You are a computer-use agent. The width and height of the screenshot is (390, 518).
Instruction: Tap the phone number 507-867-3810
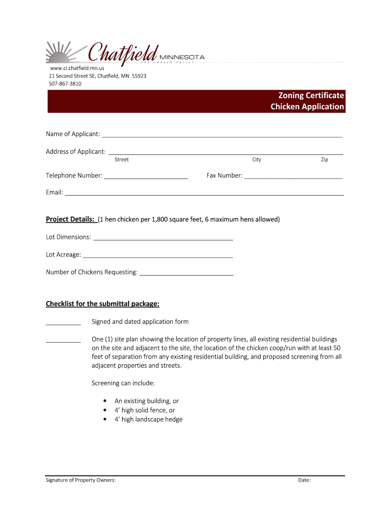click(x=65, y=83)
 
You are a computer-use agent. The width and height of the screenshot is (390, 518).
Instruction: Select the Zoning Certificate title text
click(x=311, y=95)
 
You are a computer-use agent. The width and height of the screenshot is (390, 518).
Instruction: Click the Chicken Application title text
click(x=307, y=107)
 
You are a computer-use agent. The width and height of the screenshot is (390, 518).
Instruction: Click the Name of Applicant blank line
click(x=222, y=137)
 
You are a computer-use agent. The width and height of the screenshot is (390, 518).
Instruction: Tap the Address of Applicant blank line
click(x=226, y=154)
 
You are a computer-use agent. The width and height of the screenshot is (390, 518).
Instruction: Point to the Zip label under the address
click(x=324, y=160)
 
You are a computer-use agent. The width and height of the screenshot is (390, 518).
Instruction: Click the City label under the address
click(x=257, y=160)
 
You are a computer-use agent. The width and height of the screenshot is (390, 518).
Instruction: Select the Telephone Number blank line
click(x=146, y=178)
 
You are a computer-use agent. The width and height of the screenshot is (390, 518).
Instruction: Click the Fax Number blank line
click(x=293, y=178)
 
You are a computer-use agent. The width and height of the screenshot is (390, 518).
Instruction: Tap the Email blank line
click(x=204, y=195)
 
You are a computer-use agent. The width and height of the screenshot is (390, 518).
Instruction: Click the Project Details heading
click(x=70, y=220)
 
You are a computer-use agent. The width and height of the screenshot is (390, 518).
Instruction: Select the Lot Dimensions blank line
click(x=163, y=239)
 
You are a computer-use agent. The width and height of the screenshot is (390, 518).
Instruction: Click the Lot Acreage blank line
click(x=158, y=257)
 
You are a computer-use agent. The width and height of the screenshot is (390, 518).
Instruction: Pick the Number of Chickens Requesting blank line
click(x=186, y=275)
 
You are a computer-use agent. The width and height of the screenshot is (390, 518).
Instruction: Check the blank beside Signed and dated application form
click(x=63, y=324)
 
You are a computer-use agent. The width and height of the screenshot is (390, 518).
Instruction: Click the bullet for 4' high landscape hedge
click(x=104, y=419)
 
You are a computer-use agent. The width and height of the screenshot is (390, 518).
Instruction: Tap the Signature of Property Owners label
click(x=81, y=481)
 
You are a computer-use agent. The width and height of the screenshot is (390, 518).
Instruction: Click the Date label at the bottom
click(x=304, y=481)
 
